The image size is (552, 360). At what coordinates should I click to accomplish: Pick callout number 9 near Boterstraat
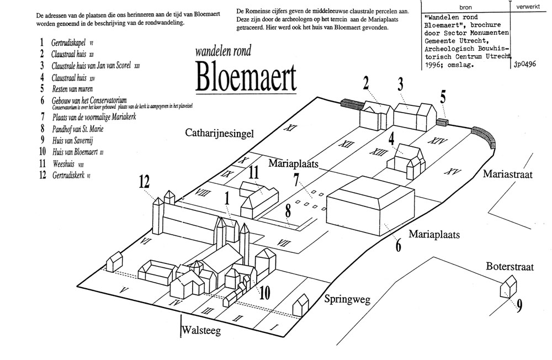click(x=519, y=305)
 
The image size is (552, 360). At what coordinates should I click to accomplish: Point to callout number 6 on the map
click(x=398, y=245)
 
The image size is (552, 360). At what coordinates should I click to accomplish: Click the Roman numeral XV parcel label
click(x=452, y=171)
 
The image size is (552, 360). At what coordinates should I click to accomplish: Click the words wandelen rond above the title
click(x=223, y=52)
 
